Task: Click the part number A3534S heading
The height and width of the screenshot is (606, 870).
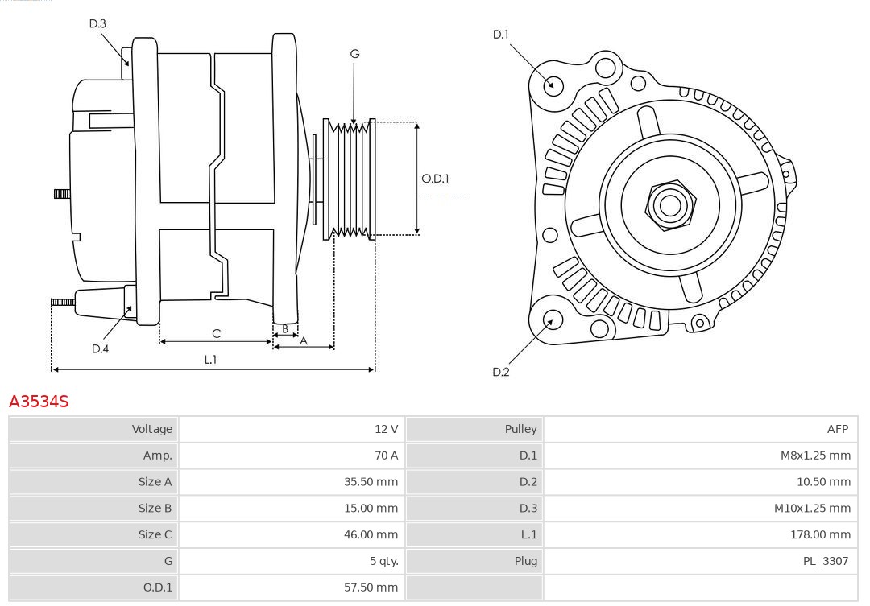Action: pyautogui.click(x=39, y=401)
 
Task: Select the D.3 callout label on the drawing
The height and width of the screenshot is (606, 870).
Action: pyautogui.click(x=97, y=23)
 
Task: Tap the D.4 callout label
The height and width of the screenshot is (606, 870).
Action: pyautogui.click(x=100, y=348)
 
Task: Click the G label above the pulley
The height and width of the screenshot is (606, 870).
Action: pyautogui.click(x=354, y=54)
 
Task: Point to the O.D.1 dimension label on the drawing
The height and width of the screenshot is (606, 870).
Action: pyautogui.click(x=435, y=179)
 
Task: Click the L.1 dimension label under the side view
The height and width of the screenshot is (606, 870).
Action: pyautogui.click(x=210, y=360)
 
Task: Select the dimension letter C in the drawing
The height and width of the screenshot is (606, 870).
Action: pyautogui.click(x=216, y=333)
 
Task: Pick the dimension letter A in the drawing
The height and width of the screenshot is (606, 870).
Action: pyautogui.click(x=304, y=340)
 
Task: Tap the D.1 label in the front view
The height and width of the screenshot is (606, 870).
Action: pyautogui.click(x=501, y=35)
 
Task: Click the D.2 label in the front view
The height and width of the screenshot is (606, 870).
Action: pyautogui.click(x=501, y=372)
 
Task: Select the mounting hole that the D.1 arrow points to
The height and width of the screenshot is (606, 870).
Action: pyautogui.click(x=553, y=85)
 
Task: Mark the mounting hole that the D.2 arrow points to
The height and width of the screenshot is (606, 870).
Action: pyautogui.click(x=552, y=320)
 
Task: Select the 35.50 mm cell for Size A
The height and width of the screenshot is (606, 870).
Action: pyautogui.click(x=371, y=482)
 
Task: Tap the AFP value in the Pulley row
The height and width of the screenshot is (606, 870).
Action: pyautogui.click(x=837, y=429)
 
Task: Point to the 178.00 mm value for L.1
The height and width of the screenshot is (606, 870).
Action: pyautogui.click(x=820, y=534)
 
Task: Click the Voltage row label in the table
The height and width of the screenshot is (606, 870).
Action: pyautogui.click(x=152, y=429)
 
